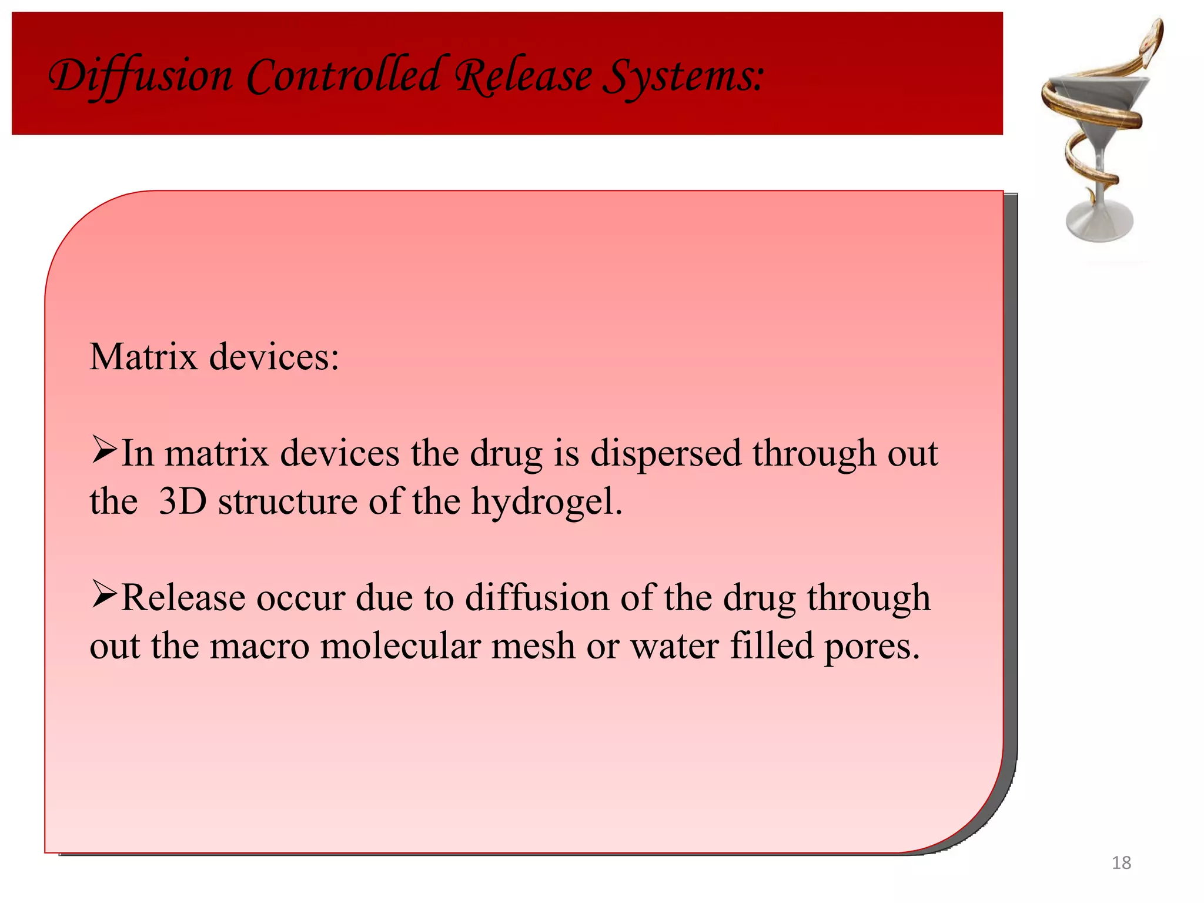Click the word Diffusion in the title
click(140, 77)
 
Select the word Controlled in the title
click(343, 76)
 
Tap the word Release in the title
click(524, 77)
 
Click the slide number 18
click(1121, 862)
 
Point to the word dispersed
click(665, 454)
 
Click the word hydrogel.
click(547, 503)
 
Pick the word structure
click(287, 501)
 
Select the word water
click(674, 646)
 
